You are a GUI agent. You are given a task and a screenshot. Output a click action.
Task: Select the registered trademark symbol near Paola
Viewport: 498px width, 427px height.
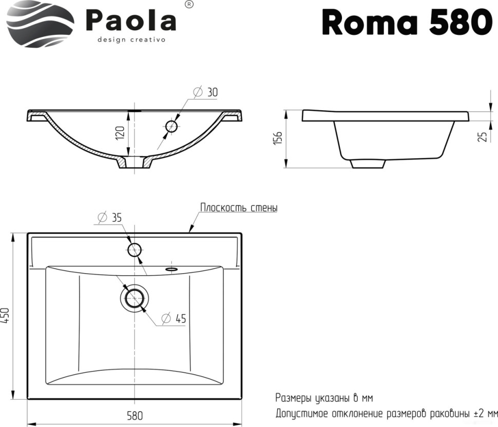188,4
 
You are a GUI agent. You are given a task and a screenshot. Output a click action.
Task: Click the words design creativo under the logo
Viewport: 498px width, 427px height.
131,39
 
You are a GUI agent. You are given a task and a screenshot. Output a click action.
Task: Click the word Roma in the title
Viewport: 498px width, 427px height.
366,23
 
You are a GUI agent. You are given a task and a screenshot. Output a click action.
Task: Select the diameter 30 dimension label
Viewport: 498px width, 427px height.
206,92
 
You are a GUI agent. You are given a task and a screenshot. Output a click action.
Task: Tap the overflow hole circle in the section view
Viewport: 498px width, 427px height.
171,126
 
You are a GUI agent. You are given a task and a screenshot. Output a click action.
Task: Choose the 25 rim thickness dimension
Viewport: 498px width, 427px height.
482,136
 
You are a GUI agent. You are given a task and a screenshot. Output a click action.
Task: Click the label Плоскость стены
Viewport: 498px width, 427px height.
239,208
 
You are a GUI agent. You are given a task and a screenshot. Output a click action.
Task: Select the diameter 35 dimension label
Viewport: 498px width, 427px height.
109,217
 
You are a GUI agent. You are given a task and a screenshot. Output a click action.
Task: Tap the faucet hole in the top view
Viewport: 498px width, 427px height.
135,250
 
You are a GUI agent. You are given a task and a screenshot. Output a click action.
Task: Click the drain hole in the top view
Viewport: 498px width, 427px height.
135,297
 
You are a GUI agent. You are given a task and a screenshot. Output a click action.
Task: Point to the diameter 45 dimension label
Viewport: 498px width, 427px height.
174,318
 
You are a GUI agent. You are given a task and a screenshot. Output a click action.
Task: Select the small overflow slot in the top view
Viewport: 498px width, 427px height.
170,268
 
